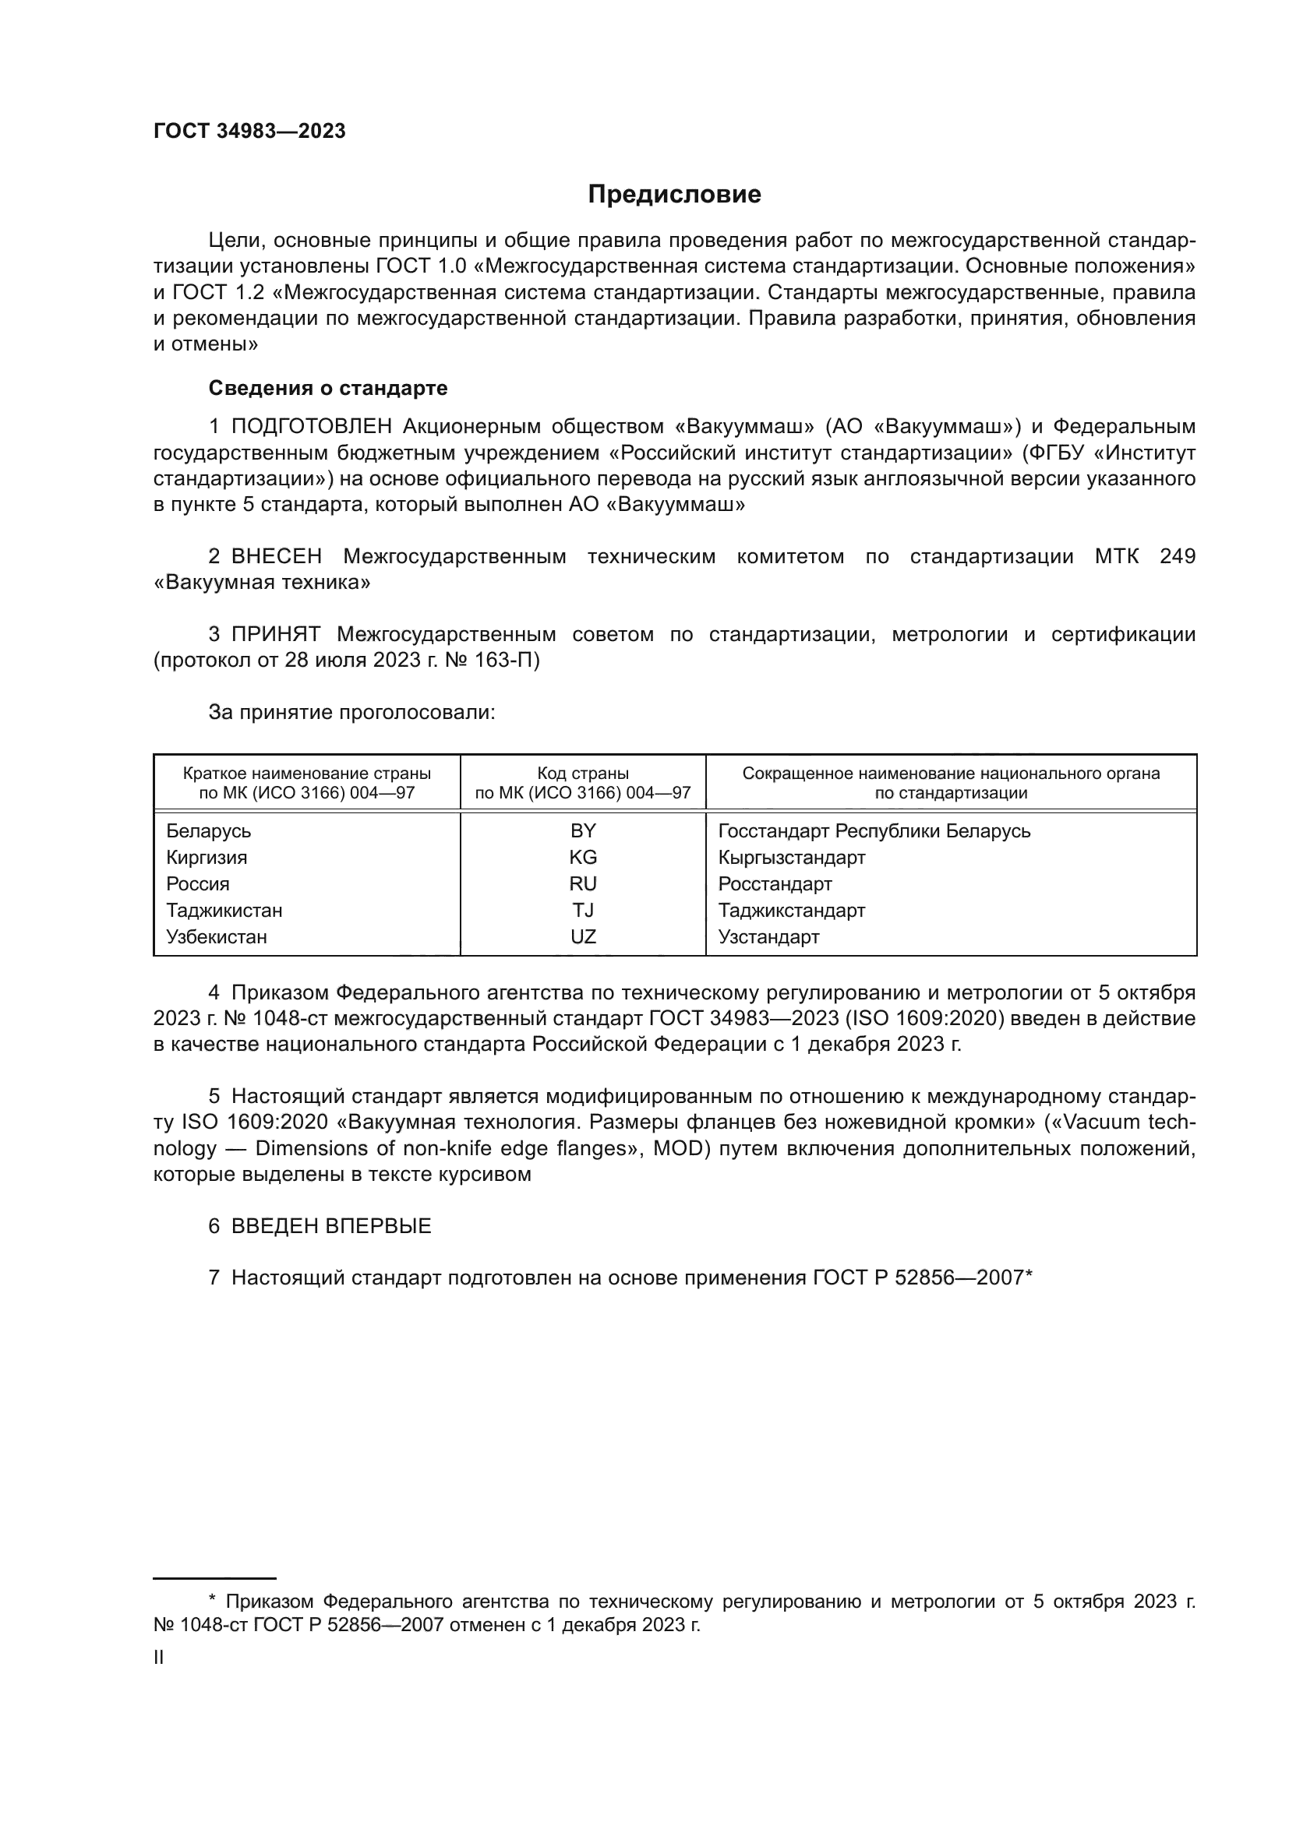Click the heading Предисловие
click(x=674, y=195)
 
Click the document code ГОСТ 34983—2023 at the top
click(x=249, y=132)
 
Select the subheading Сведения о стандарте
click(x=328, y=388)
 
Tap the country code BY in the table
click(x=583, y=831)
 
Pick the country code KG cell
click(x=583, y=858)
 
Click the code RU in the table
click(x=583, y=884)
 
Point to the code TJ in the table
click(x=583, y=910)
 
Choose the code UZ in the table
click(x=583, y=937)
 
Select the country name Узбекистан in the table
click(x=217, y=937)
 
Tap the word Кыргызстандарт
click(x=791, y=858)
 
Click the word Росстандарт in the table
click(x=775, y=884)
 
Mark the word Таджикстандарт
click(x=791, y=910)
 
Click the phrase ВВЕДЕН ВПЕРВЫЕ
click(x=331, y=1226)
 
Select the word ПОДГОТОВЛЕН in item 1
click(x=311, y=427)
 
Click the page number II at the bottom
click(x=159, y=1658)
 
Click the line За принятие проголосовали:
click(x=351, y=713)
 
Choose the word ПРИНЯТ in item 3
click(x=275, y=634)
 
